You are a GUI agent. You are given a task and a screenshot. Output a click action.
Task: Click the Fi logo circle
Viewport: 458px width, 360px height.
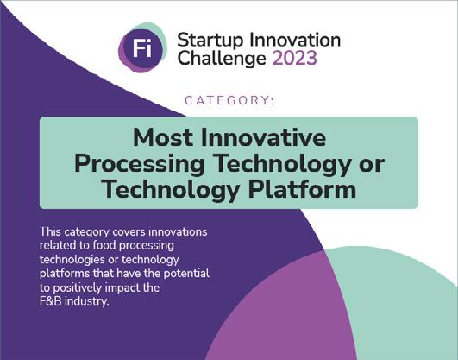point(142,47)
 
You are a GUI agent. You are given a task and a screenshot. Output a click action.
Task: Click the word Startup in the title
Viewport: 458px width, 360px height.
point(210,41)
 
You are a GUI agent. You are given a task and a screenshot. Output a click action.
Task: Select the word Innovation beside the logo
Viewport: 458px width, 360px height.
point(295,40)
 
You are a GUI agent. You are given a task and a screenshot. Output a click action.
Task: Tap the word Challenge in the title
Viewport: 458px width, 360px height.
point(222,58)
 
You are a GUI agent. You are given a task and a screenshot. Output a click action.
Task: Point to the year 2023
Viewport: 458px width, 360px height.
point(295,58)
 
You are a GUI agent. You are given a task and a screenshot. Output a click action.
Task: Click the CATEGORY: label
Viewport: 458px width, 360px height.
point(229,101)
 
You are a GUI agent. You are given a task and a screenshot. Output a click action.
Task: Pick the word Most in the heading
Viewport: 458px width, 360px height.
point(163,137)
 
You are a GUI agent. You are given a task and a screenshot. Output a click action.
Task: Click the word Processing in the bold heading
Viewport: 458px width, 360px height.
point(140,164)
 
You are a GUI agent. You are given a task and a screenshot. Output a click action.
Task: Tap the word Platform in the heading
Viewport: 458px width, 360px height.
point(303,190)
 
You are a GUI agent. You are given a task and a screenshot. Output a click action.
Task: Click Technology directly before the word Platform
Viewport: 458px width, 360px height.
point(171,191)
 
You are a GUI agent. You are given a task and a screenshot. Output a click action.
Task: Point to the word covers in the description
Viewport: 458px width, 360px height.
point(129,232)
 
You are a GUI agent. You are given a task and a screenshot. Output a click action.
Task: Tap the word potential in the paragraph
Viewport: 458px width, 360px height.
point(186,274)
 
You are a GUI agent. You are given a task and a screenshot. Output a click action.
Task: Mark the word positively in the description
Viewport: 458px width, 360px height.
point(78,288)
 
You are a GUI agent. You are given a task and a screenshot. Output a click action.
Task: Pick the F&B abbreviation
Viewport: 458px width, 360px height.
point(51,301)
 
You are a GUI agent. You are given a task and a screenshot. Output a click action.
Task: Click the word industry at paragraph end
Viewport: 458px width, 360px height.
point(87,301)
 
